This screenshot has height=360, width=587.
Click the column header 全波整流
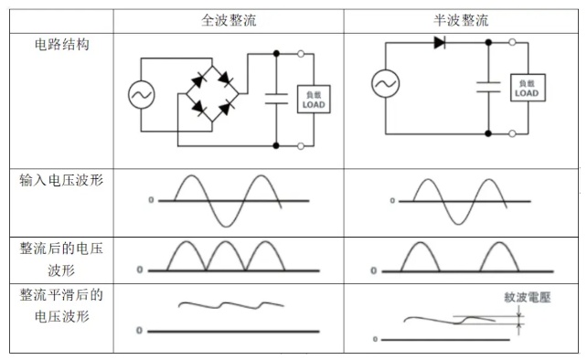click(229, 20)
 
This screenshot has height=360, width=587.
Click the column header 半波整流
click(461, 20)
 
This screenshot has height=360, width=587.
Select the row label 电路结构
click(62, 45)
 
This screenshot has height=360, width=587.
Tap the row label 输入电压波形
click(61, 180)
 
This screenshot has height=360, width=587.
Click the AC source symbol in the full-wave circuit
click(141, 95)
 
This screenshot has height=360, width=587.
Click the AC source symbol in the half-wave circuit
click(386, 83)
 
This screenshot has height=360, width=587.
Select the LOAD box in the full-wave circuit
click(314, 100)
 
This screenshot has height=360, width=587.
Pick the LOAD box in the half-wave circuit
click(528, 88)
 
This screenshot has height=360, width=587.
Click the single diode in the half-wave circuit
click(440, 43)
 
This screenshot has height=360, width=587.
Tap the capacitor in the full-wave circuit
click(276, 99)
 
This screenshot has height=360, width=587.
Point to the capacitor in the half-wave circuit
click(488, 87)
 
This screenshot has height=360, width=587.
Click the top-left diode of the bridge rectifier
click(197, 80)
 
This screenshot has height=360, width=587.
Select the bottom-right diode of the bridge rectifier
click(226, 109)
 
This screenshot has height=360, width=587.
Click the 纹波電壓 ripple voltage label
click(527, 298)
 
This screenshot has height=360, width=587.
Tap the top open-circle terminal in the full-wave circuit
click(301, 54)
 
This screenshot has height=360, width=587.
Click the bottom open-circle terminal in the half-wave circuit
click(512, 133)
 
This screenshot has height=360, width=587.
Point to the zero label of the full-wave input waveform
click(151, 200)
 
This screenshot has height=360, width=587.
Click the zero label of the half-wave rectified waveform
click(373, 270)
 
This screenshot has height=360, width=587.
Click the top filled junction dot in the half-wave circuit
click(488, 43)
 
